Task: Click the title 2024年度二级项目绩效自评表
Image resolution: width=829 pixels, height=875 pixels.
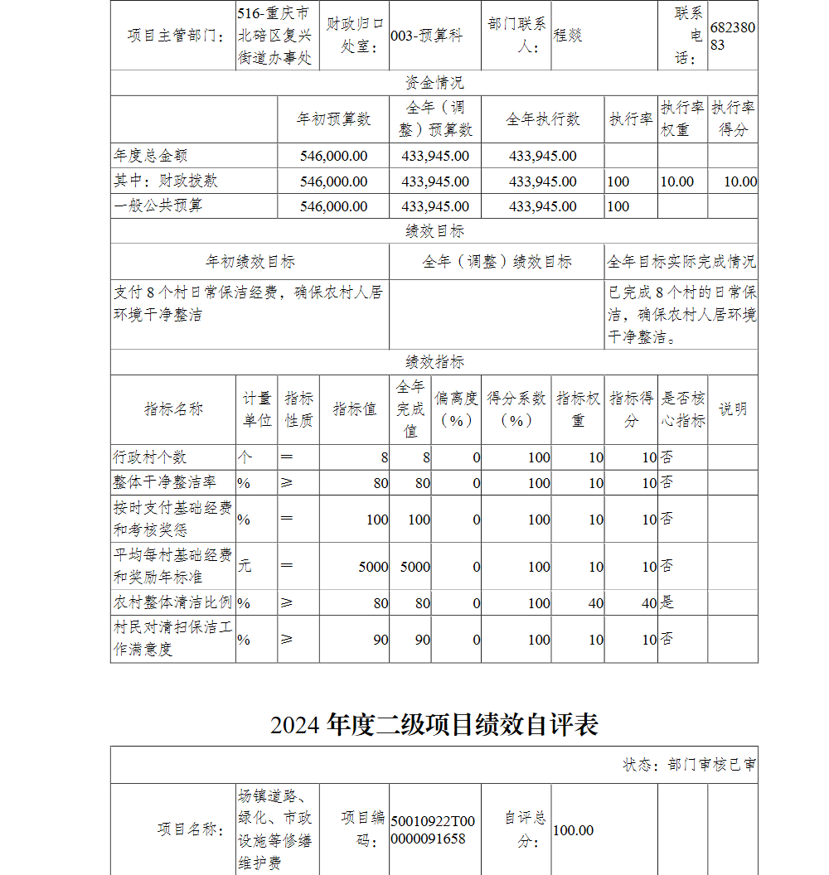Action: (434, 725)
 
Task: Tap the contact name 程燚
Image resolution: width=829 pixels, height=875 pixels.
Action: (568, 36)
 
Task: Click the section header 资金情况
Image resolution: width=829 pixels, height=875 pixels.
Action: (434, 83)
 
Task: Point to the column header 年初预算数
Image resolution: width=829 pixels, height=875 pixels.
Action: (333, 119)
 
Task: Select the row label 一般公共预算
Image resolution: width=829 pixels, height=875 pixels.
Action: (158, 205)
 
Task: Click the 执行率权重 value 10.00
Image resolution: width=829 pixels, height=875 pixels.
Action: (677, 181)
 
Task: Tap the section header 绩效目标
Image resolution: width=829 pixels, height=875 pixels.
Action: (434, 231)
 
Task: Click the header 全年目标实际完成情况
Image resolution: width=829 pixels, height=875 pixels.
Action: (681, 262)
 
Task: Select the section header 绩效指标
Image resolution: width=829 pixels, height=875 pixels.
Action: (434, 362)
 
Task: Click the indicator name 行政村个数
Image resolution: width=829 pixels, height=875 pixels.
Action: (150, 457)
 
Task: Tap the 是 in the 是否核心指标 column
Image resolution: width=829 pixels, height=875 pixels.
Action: (667, 602)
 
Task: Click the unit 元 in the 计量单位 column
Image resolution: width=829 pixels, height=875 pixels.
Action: (245, 566)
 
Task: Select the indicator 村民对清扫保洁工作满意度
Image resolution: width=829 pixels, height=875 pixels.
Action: (172, 639)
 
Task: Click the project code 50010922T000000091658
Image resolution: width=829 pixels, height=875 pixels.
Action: (433, 829)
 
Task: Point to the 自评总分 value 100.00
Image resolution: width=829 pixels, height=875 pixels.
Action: (573, 830)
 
